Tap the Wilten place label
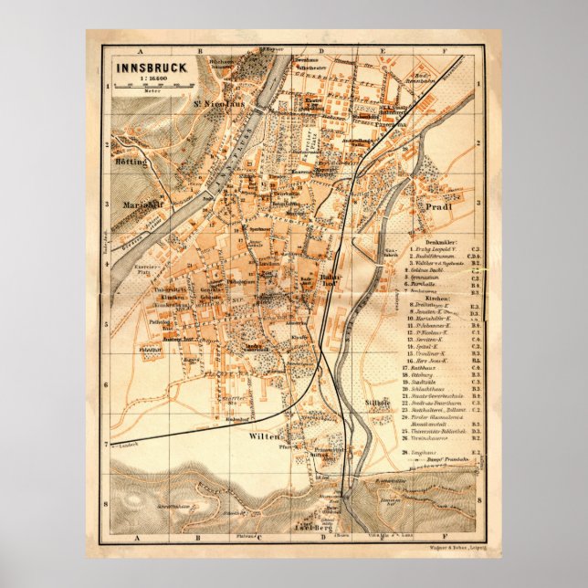263,437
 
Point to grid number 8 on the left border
107,501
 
